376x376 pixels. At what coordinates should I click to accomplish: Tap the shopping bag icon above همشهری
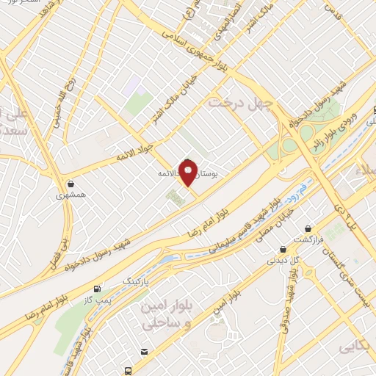70,184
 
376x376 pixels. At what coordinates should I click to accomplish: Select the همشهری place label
70,196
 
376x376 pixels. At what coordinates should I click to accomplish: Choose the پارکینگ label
135,281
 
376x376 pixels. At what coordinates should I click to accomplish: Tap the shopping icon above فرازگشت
305,228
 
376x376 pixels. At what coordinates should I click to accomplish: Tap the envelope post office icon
145,353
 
